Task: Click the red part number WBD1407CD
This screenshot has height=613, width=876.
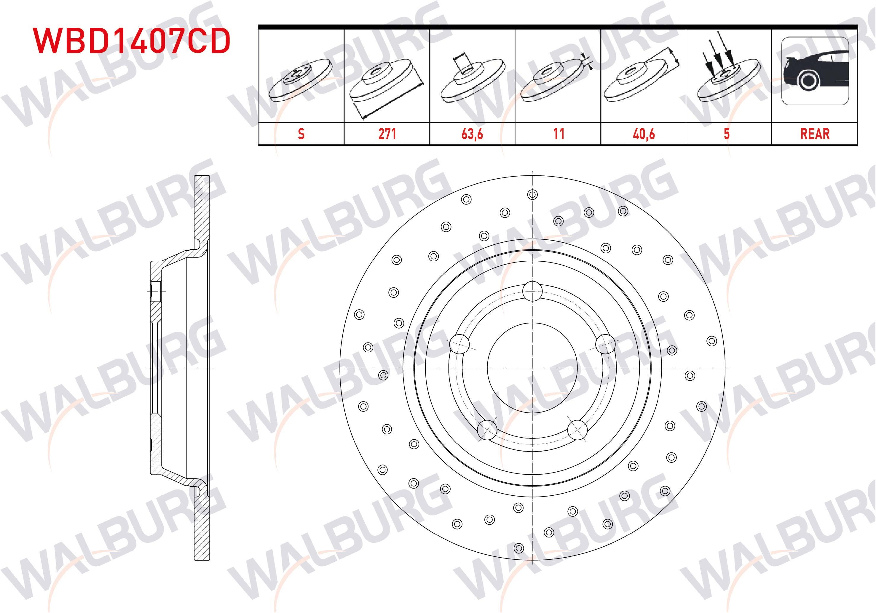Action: (x=132, y=41)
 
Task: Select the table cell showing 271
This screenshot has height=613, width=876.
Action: (x=387, y=134)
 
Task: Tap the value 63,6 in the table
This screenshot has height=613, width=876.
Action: (x=472, y=134)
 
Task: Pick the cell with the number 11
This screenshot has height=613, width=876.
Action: (x=558, y=134)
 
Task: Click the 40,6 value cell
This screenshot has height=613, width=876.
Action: (x=644, y=134)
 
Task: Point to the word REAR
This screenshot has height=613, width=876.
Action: (x=815, y=134)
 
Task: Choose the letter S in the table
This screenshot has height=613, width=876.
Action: (x=301, y=134)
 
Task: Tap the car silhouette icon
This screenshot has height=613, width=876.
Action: (x=815, y=71)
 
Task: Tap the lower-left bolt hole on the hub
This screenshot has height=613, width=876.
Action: (x=487, y=429)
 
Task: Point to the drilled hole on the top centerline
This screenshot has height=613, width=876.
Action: (x=532, y=195)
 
